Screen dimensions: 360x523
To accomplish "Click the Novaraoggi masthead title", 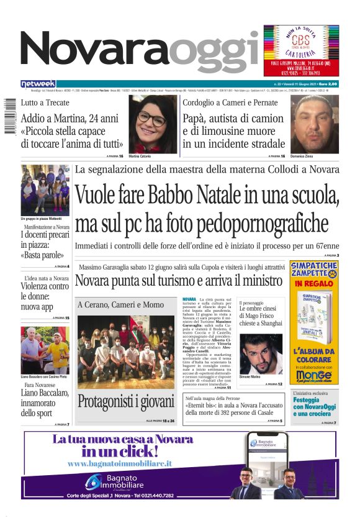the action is point(140,52).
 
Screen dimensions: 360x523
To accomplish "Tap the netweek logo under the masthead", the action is point(38,84).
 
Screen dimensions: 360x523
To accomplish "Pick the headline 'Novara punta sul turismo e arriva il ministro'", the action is point(179,281).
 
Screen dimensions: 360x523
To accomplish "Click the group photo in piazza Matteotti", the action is point(45,189).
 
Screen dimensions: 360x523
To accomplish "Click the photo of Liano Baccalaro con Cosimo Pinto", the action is point(45,350).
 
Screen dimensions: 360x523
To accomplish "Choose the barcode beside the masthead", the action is point(10,118).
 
